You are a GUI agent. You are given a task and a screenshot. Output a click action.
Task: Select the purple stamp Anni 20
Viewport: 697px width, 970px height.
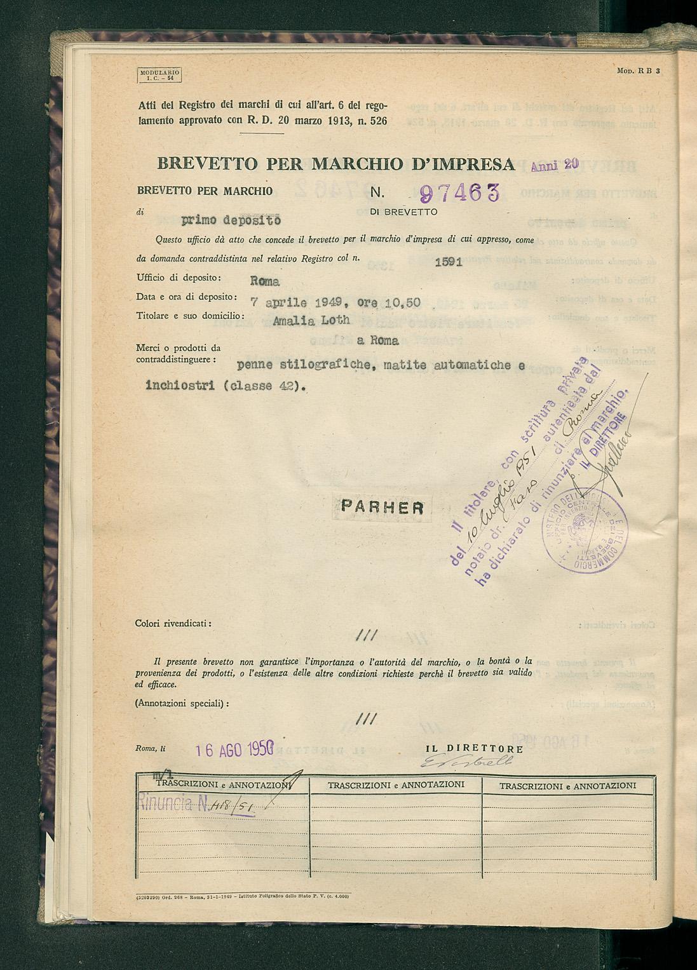(554, 165)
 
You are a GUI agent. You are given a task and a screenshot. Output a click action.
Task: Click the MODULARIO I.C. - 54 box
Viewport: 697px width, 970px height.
(159, 76)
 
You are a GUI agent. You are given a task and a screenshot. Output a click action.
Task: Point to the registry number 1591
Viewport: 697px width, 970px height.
(449, 262)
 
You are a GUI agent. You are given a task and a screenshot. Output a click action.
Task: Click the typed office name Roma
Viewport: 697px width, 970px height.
(265, 281)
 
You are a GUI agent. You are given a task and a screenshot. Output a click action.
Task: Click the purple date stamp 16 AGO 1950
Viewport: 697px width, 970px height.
(234, 750)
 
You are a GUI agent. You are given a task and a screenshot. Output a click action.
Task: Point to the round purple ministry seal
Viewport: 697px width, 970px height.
(585, 531)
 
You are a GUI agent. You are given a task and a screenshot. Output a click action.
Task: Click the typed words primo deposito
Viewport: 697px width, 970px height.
(231, 220)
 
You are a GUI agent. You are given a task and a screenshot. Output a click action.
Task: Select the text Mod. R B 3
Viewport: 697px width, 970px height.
(639, 71)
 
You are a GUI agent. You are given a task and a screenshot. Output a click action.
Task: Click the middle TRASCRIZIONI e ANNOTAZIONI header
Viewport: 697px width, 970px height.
(396, 785)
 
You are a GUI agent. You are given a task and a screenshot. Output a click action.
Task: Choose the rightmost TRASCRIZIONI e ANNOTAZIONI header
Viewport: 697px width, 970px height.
(567, 786)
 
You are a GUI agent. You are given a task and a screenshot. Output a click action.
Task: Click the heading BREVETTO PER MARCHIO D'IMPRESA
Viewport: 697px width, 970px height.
(335, 164)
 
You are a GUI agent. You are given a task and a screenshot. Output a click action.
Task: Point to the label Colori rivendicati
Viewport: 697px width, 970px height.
(173, 624)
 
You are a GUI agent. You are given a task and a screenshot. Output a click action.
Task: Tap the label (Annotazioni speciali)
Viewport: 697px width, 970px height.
(182, 703)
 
